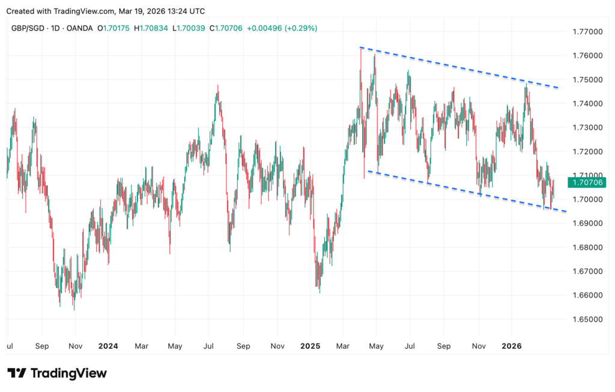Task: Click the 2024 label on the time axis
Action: click(108, 346)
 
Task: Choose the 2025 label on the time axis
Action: click(311, 346)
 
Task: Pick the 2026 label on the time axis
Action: click(512, 346)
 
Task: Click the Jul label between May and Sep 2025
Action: click(410, 346)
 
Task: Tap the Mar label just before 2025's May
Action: click(344, 346)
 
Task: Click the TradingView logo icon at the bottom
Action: click(17, 373)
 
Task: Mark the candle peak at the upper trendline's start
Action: click(361, 48)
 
